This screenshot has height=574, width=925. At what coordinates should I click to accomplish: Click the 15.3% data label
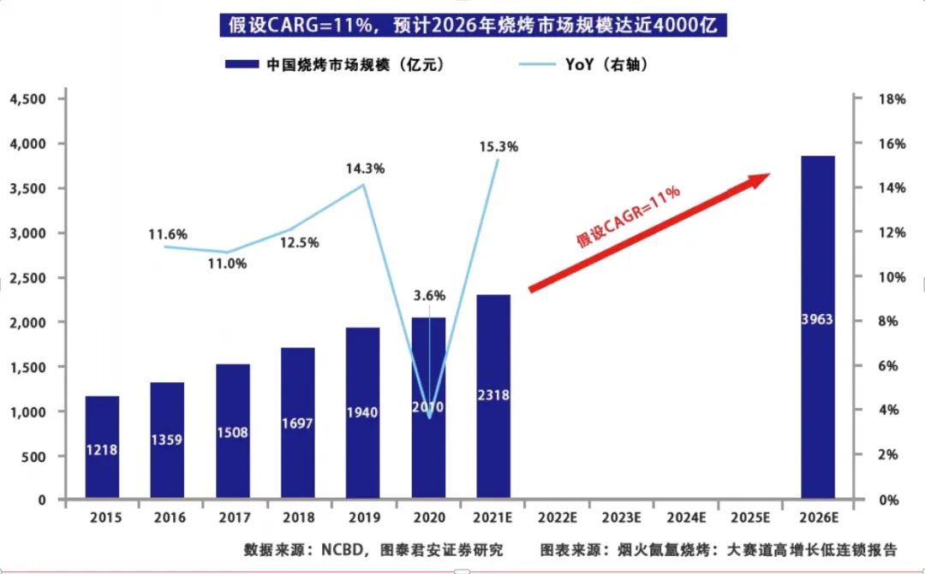[x=498, y=146]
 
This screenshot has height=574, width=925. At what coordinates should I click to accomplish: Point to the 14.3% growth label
[x=364, y=169]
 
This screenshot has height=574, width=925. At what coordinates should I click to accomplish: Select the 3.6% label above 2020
[x=429, y=296]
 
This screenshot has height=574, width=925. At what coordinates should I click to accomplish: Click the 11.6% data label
[x=167, y=234]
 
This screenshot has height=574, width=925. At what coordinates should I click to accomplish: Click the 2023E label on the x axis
[x=623, y=518]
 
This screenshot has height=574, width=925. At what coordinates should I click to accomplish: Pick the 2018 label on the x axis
[x=297, y=518]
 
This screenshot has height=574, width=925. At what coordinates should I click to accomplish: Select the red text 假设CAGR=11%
[x=628, y=216]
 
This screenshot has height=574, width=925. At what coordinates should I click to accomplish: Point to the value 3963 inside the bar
[x=818, y=320]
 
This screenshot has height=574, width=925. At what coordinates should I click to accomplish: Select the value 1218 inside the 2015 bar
[x=102, y=449]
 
